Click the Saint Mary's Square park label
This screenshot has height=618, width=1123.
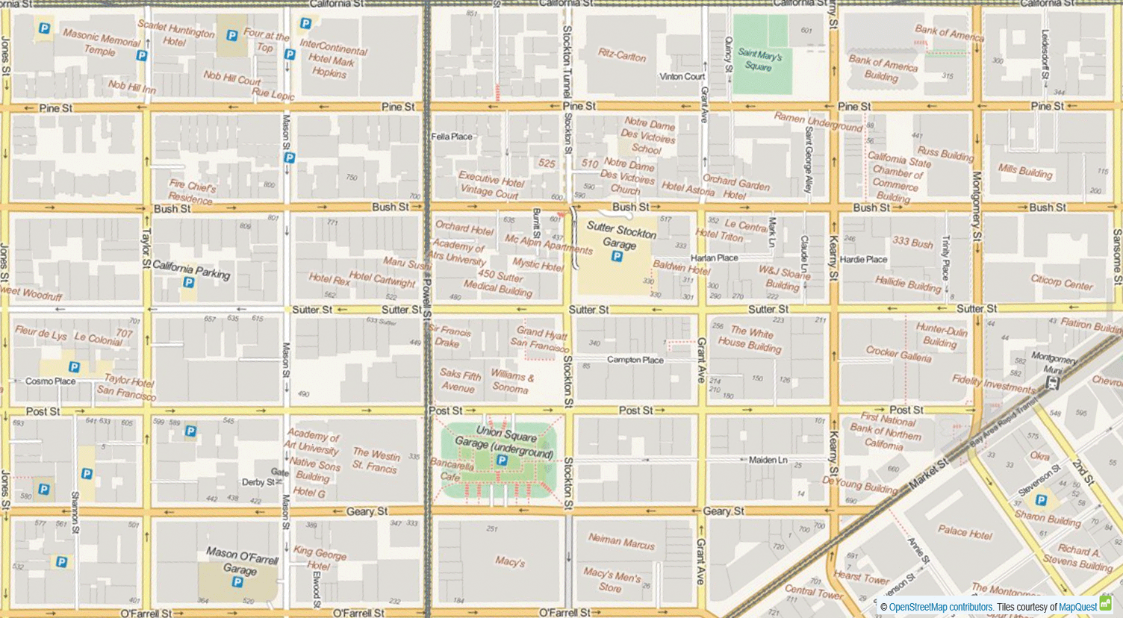759,60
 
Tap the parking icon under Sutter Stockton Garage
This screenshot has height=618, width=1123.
617,257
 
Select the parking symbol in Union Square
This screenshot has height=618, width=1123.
502,461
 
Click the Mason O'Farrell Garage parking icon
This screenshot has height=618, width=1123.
237,582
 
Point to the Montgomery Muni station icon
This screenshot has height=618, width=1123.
1053,384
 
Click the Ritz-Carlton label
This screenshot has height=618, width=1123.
621,55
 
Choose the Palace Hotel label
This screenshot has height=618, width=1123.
965,532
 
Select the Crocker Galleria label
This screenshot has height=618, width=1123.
898,354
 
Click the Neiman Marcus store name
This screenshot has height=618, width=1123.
620,541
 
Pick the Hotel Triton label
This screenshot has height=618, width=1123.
719,235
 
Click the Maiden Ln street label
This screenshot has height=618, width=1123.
768,460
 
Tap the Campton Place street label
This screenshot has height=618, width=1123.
635,360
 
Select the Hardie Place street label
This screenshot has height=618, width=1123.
863,260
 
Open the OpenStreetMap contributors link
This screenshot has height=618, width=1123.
940,608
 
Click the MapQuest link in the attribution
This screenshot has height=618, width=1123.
1078,608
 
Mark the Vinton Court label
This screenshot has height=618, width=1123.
682,77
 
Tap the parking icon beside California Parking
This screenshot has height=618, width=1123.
189,283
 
